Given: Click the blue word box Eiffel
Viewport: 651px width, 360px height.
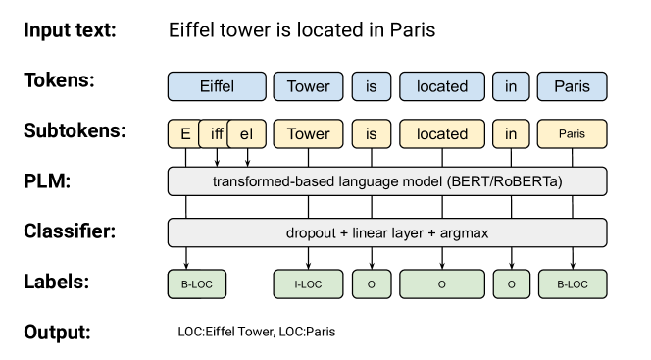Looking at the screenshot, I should click(217, 86).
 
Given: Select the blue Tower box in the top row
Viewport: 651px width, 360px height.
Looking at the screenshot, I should click(308, 86).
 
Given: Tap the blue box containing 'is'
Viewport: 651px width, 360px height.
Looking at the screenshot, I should click(371, 86).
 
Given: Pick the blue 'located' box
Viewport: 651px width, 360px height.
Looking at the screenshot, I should click(442, 86).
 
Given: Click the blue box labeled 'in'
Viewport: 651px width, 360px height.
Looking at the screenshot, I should click(511, 86).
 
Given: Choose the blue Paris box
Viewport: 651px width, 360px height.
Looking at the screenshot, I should click(573, 86).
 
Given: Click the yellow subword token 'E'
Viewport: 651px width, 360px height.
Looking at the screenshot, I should click(183, 134).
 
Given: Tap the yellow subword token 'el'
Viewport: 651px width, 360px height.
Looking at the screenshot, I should click(247, 134).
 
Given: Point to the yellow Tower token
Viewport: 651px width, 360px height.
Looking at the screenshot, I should click(308, 134).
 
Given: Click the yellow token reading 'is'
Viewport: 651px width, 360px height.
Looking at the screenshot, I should click(371, 134).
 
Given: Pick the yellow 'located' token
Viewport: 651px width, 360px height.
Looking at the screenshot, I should click(442, 134).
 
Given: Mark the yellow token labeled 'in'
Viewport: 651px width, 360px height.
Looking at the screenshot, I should click(511, 134).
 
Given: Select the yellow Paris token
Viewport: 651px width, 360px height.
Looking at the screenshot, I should click(573, 134).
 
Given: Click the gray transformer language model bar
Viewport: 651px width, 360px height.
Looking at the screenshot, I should click(387, 182).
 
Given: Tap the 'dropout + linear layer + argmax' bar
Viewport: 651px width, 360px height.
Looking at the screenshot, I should click(387, 233).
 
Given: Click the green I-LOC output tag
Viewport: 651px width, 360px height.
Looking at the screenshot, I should click(308, 284).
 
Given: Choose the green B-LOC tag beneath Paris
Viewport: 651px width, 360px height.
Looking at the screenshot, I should click(573, 284).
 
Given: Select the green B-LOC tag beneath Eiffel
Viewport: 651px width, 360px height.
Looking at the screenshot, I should click(197, 284).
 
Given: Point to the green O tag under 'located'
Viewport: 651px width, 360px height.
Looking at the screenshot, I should click(442, 284).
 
